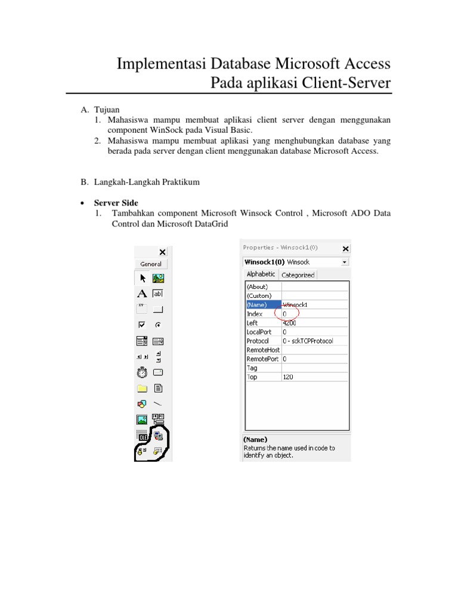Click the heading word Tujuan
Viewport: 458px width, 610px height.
pyautogui.click(x=107, y=110)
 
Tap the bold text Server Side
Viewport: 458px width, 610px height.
pyautogui.click(x=116, y=203)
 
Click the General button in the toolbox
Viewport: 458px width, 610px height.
pyautogui.click(x=151, y=264)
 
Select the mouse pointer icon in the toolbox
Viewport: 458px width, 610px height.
pyautogui.click(x=143, y=278)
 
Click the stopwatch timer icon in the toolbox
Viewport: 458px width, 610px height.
pyautogui.click(x=142, y=373)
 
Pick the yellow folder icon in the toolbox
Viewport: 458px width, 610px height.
pyautogui.click(x=142, y=389)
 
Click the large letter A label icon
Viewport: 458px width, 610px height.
pyautogui.click(x=142, y=294)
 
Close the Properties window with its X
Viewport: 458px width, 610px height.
pyautogui.click(x=345, y=248)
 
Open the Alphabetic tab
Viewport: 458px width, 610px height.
pyautogui.click(x=261, y=274)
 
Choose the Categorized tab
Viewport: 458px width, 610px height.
pyautogui.click(x=298, y=275)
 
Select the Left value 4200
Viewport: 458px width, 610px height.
pyautogui.click(x=289, y=323)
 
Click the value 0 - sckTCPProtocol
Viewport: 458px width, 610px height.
pyautogui.click(x=308, y=341)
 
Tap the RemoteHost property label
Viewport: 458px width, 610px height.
pyautogui.click(x=263, y=350)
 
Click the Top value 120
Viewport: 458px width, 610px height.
pyautogui.click(x=288, y=377)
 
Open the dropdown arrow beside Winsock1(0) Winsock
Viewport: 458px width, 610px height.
pyautogui.click(x=345, y=262)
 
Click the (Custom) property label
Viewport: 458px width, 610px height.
pyautogui.click(x=259, y=295)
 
